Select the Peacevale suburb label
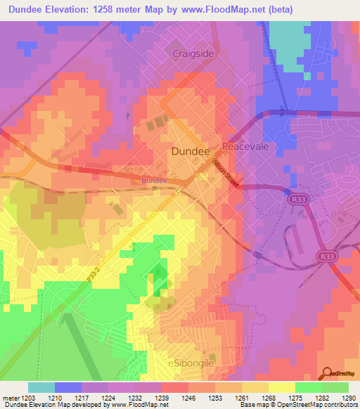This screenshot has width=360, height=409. click(243, 146)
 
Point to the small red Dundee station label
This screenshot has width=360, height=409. click(154, 181)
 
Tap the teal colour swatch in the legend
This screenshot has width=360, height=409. click(41, 387)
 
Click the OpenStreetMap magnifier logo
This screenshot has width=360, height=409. click(327, 372)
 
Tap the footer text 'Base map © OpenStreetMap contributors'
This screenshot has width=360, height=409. click(298, 405)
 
